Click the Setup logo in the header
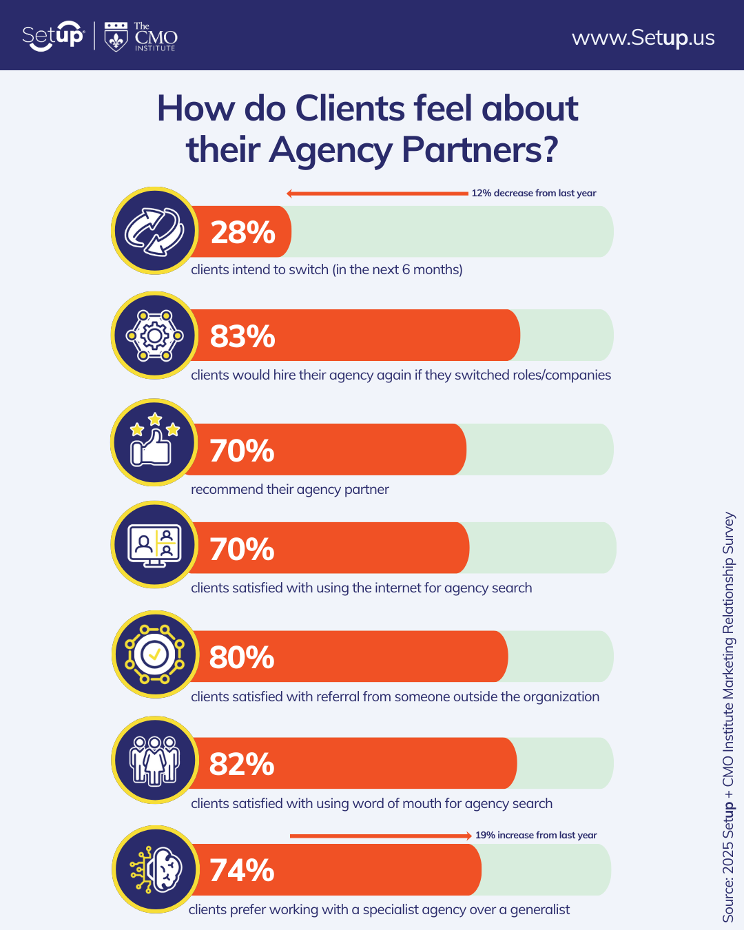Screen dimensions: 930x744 (x=52, y=36)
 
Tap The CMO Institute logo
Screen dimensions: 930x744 (x=141, y=37)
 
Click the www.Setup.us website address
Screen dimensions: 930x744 (x=643, y=37)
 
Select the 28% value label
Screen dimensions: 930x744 (x=242, y=233)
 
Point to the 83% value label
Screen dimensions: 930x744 (x=242, y=337)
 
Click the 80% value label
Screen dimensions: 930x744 (x=242, y=658)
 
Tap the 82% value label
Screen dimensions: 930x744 (x=242, y=765)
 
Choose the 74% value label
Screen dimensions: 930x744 (x=242, y=871)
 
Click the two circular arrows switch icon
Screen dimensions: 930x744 (x=154, y=231)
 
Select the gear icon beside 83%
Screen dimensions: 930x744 (x=154, y=336)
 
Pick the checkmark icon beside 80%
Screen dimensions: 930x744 (x=155, y=654)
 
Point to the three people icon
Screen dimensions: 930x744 (x=155, y=761)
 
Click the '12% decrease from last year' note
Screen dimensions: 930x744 (x=533, y=194)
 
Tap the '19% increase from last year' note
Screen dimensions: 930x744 (x=536, y=836)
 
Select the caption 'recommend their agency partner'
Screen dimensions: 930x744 (x=289, y=490)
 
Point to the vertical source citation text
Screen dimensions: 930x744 (x=728, y=716)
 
